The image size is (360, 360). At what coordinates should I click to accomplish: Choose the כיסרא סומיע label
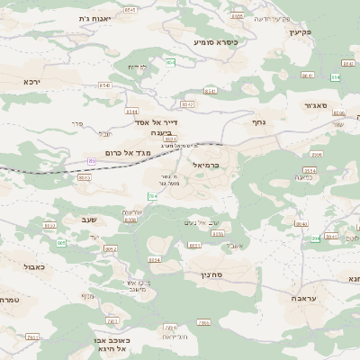[x=215, y=40]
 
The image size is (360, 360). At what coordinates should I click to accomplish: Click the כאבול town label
[x=31, y=266]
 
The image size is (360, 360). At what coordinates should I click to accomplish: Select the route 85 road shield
[x=92, y=161]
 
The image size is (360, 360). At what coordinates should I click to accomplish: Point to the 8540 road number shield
[x=301, y=223]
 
